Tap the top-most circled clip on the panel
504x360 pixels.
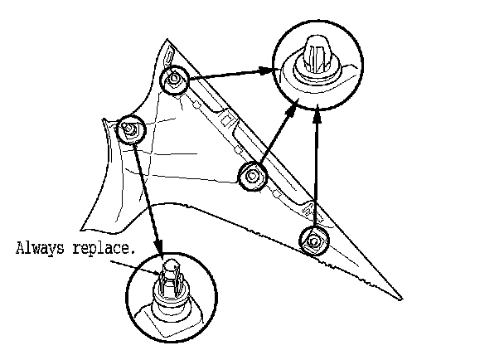click(x=174, y=80)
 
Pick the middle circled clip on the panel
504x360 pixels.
click(x=252, y=176)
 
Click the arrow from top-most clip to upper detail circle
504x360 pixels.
click(x=232, y=73)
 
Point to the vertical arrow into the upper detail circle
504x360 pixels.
click(x=317, y=166)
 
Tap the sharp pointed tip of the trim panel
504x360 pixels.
click(x=401, y=298)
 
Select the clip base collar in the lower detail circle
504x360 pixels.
click(x=170, y=299)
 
